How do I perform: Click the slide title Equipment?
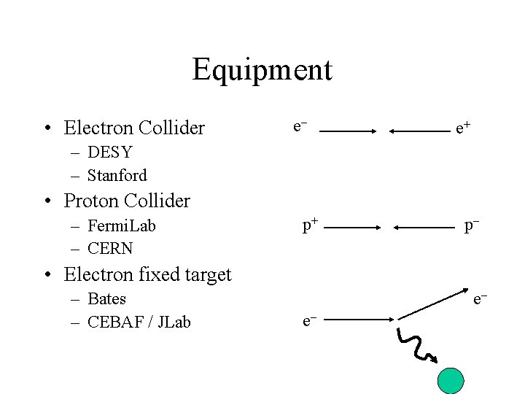tap(262, 70)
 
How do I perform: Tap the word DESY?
tap(109, 152)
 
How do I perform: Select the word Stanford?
tap(117, 175)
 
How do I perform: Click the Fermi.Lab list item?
tap(121, 225)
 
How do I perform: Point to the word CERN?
tap(110, 248)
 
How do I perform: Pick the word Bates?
tap(106, 298)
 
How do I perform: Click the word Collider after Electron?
tap(170, 128)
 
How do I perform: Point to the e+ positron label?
tap(462, 129)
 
